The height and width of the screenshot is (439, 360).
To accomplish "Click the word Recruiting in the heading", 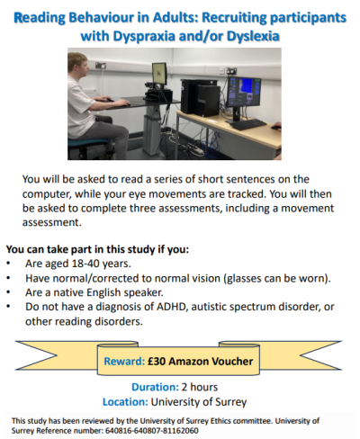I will (x=220, y=16).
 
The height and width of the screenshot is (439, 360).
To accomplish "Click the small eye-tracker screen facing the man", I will (x=158, y=73).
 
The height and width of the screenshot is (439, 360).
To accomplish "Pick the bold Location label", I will (x=125, y=401).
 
